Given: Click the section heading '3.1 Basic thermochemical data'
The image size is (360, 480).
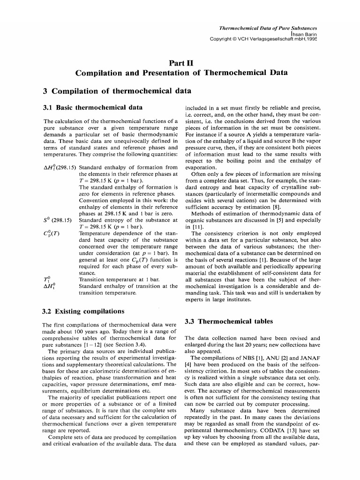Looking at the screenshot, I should coord(92,108).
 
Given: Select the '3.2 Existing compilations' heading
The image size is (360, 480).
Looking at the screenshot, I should coord(83,311).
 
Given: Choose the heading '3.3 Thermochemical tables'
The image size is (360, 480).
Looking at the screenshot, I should coord(228,322).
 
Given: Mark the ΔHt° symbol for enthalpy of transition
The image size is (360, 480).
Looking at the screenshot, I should coord(47,286).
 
